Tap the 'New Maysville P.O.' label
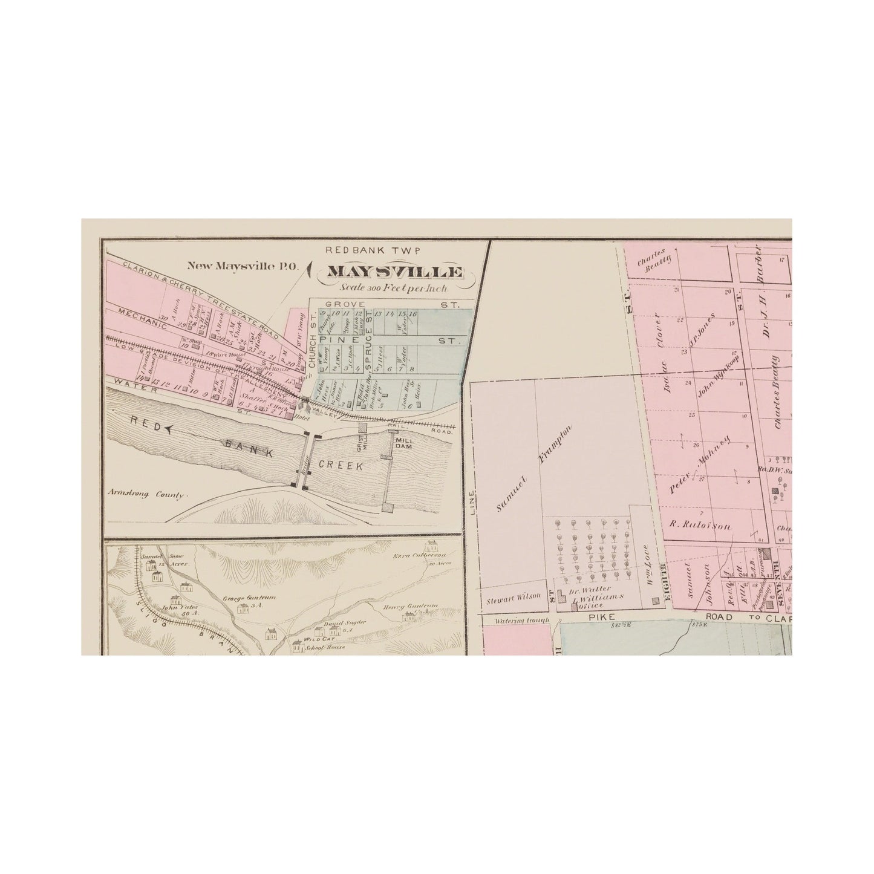coord(222,264)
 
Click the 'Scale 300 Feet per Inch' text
coord(394,288)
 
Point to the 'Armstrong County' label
coord(146,494)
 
